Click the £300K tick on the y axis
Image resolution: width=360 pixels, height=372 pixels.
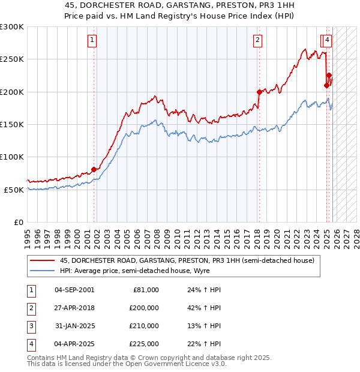click(x=12, y=27)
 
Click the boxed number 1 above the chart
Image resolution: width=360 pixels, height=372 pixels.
click(x=92, y=40)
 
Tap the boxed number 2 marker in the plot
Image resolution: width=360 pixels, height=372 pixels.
click(x=257, y=40)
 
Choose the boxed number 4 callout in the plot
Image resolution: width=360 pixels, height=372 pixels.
click(x=327, y=40)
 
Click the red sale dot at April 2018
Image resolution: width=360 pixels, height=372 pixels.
click(x=259, y=92)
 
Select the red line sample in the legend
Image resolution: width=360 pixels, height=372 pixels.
click(x=41, y=260)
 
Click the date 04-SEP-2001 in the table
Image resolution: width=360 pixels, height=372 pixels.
click(x=74, y=290)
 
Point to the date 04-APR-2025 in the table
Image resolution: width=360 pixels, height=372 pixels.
click(x=74, y=344)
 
